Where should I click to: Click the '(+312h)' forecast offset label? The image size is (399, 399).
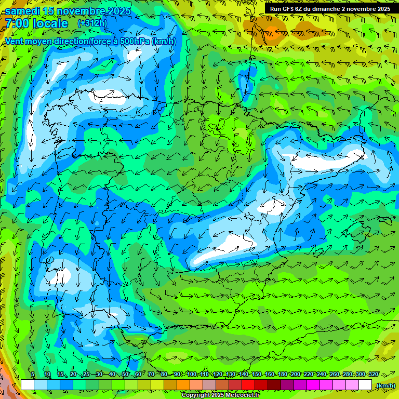[92, 23]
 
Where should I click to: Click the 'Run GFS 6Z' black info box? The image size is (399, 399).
[331, 8]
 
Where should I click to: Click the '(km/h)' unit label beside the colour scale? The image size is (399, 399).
[385, 385]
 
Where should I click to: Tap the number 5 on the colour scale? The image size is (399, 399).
[33, 375]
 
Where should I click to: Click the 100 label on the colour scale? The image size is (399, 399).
[192, 375]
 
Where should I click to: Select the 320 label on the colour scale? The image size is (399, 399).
[373, 375]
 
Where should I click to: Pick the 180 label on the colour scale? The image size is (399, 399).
[282, 375]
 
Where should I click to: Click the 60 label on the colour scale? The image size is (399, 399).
[138, 375]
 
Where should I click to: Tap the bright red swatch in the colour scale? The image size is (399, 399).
[248, 385]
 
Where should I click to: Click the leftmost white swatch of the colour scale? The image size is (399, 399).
[28, 385]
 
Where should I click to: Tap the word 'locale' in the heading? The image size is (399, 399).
[50, 23]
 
